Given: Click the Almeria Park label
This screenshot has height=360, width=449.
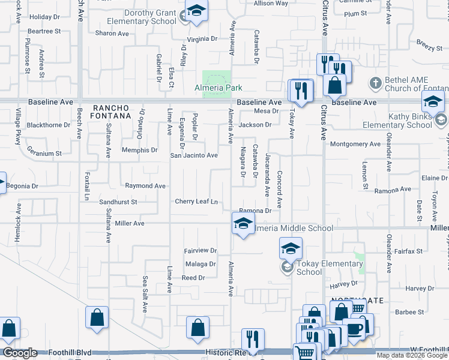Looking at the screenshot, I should [x=218, y=88].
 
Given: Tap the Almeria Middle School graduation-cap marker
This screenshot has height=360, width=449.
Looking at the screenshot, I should [x=242, y=224].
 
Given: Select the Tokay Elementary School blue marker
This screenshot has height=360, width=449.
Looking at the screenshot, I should [x=291, y=248].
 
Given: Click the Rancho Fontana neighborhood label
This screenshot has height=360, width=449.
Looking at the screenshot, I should [x=111, y=111].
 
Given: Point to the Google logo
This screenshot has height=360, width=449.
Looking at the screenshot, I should [x=19, y=353].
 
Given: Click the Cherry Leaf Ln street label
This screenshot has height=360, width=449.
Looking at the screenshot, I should [x=196, y=202].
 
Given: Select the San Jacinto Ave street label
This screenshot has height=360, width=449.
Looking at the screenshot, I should [x=194, y=155].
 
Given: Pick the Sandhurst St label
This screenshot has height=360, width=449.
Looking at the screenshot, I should [x=118, y=202].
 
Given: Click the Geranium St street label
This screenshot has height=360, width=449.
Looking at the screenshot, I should [x=42, y=154].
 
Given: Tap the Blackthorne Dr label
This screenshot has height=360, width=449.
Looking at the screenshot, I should [x=49, y=125].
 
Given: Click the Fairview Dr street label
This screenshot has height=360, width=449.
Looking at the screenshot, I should [x=200, y=250].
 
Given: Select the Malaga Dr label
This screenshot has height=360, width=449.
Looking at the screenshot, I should [x=200, y=264].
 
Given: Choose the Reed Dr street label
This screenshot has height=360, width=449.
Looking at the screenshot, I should [x=193, y=278].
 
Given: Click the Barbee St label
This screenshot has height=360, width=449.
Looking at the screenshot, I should [x=409, y=312].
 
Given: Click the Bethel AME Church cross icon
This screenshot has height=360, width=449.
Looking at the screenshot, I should [x=375, y=82].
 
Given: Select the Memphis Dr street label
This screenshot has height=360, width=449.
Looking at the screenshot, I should [x=139, y=150].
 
